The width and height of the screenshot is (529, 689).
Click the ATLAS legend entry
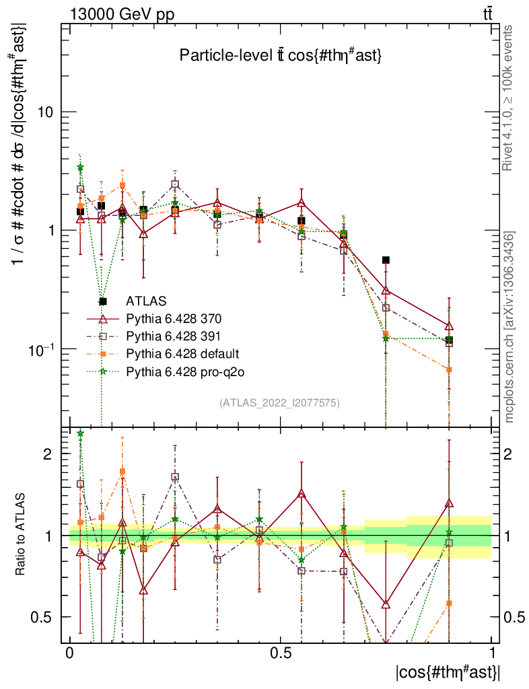click(146, 300)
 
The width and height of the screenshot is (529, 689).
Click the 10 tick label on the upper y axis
click(44, 112)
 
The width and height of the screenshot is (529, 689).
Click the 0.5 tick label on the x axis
click(281, 653)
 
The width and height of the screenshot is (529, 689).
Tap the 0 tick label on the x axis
click(69, 653)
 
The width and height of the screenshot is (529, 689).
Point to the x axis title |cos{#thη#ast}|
click(447, 672)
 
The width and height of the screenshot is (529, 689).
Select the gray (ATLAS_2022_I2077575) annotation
click(279, 403)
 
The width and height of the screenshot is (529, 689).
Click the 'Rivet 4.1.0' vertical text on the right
click(509, 98)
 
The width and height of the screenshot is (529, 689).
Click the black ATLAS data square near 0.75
click(386, 260)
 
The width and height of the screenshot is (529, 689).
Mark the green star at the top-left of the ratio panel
click(80, 434)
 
